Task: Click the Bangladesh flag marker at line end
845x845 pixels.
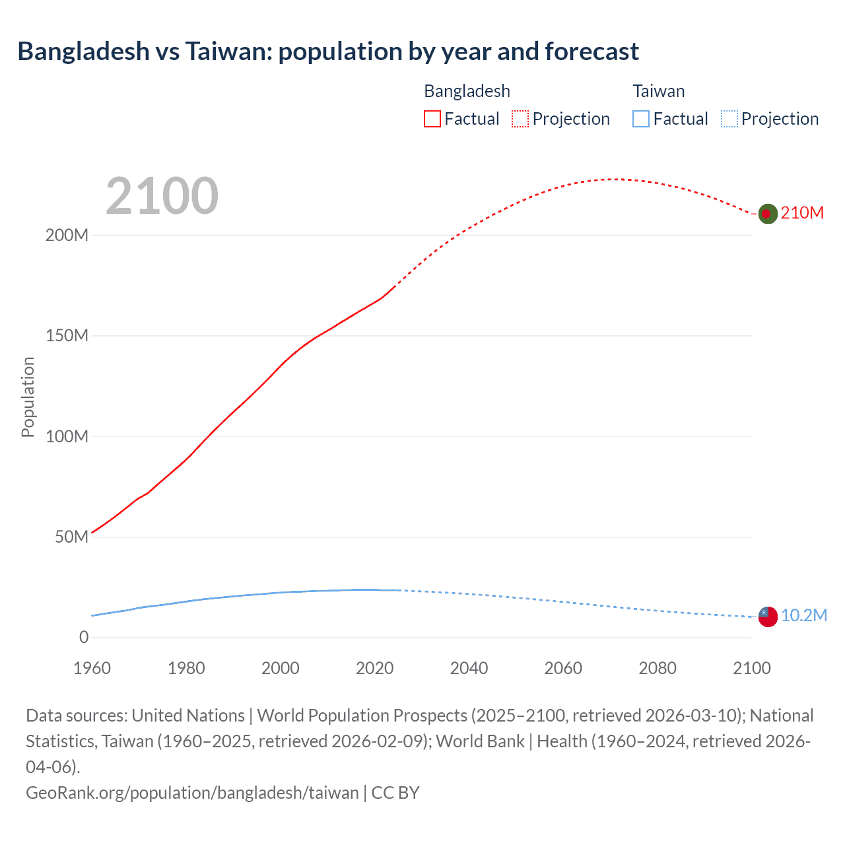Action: pos(767,213)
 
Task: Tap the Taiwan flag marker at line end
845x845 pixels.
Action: pos(767,617)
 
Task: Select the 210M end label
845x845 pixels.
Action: pos(802,213)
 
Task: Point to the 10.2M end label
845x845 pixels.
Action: pos(803,615)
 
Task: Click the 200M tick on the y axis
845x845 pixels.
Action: pos(67,235)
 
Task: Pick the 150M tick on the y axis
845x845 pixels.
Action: pos(67,335)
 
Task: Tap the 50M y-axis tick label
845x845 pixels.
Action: pos(71,537)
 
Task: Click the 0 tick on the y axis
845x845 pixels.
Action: pos(84,637)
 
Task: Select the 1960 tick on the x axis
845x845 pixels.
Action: pos(92,668)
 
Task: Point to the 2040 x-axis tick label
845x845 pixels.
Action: pos(469,668)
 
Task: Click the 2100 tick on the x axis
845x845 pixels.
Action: pos(751,668)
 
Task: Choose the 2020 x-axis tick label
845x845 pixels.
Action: pos(374,668)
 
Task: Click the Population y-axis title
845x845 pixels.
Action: pos(28,397)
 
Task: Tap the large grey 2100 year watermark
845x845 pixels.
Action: pos(162,195)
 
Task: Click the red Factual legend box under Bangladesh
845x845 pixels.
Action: pos(432,119)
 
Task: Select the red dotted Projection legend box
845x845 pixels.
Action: pos(520,119)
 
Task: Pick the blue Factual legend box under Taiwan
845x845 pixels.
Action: pos(641,119)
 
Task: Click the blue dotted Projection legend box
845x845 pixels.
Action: pos(729,119)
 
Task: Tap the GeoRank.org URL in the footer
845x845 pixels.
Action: pos(192,792)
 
